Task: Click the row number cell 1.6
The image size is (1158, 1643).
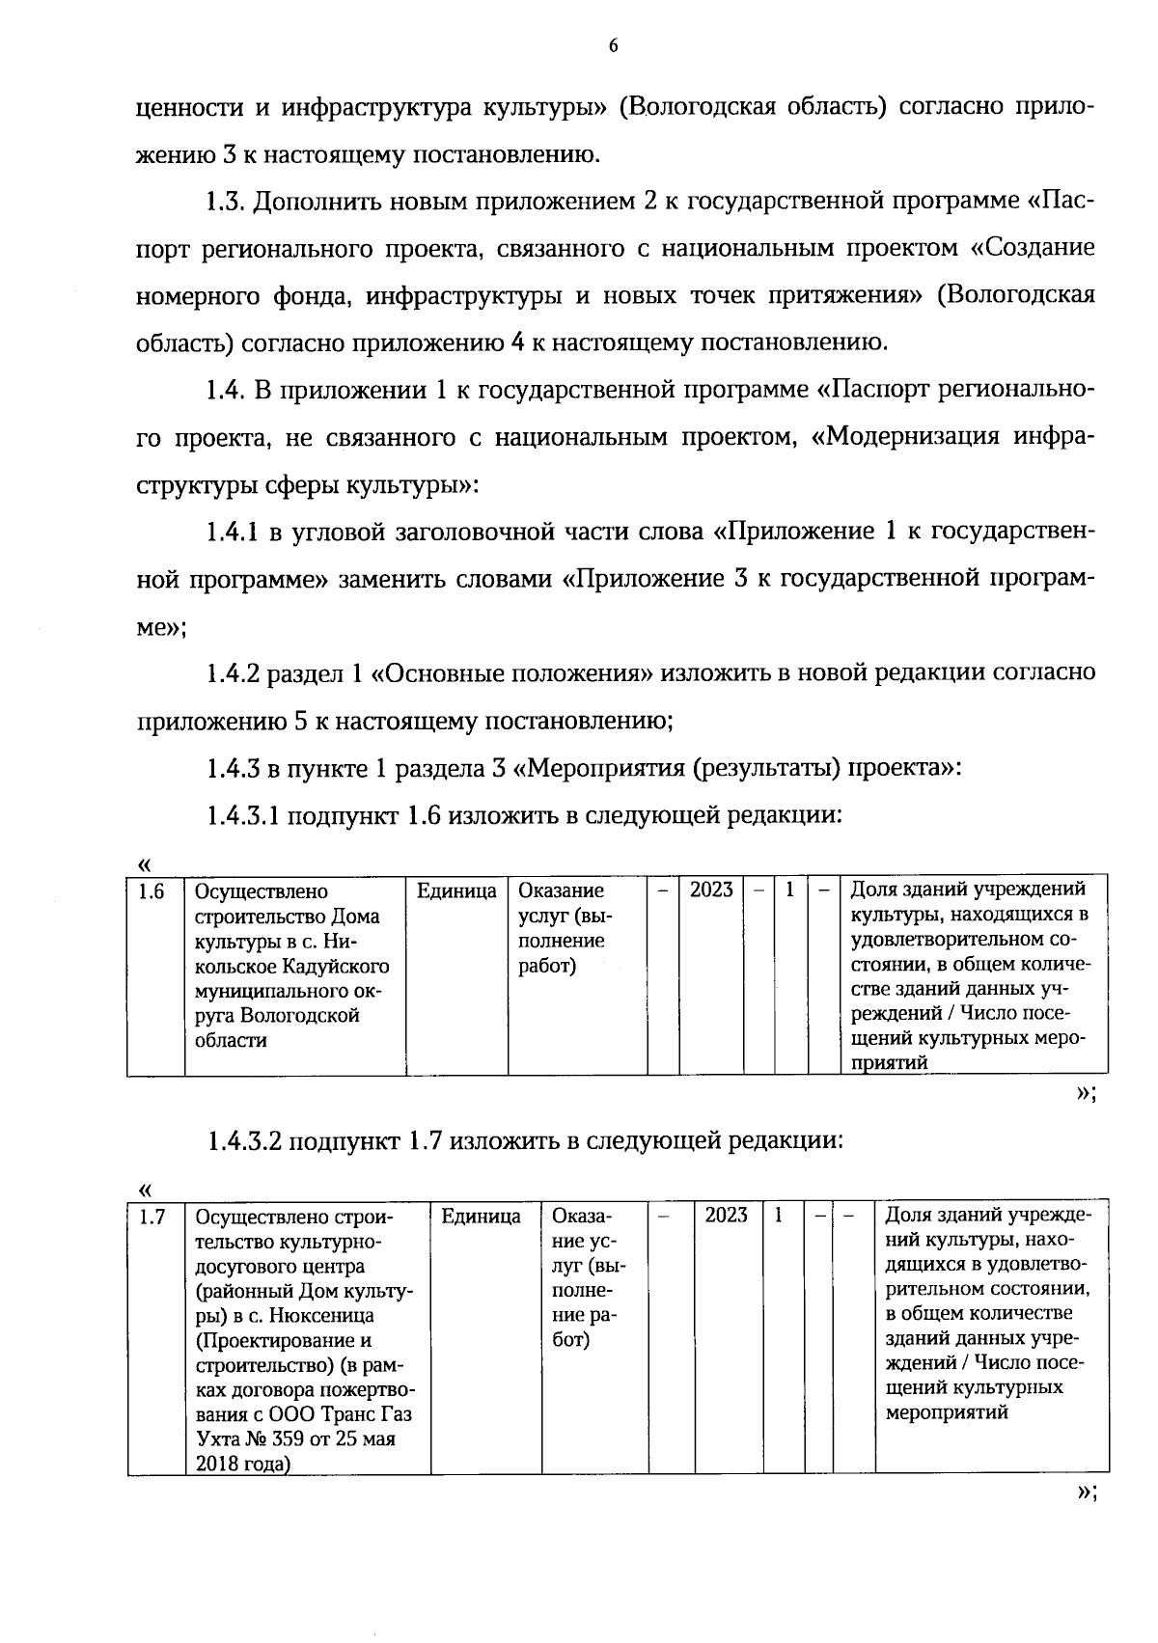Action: pyautogui.click(x=152, y=891)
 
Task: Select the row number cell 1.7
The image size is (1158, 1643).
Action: pyautogui.click(x=152, y=1218)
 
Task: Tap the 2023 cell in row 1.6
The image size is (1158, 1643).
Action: pyautogui.click(x=710, y=890)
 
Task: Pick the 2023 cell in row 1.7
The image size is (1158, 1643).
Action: pyautogui.click(x=726, y=1216)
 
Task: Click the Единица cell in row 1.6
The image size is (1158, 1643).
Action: pyautogui.click(x=456, y=890)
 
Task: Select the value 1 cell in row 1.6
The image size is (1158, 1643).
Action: pyautogui.click(x=789, y=890)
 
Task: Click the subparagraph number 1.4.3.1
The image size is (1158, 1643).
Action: pyautogui.click(x=242, y=815)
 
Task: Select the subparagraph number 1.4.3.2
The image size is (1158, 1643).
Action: pyautogui.click(x=242, y=1141)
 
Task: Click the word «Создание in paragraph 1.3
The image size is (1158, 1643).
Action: pyautogui.click(x=1034, y=249)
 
